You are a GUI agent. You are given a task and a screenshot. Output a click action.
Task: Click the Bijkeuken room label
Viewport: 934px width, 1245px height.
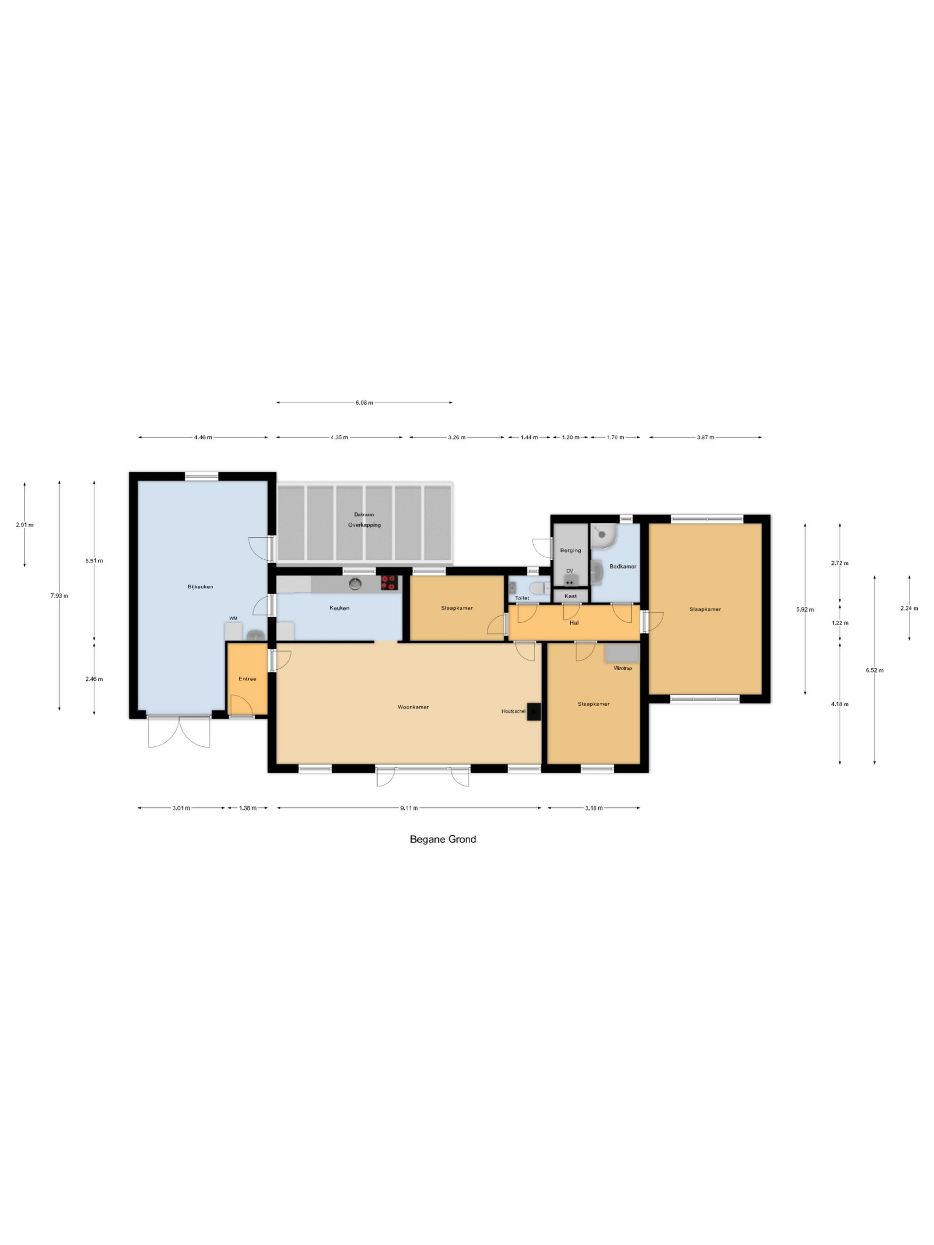pos(200,587)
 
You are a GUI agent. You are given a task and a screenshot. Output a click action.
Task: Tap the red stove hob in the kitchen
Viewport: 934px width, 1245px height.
pos(389,583)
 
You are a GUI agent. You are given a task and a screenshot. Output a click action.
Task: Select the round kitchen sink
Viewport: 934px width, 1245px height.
pos(355,584)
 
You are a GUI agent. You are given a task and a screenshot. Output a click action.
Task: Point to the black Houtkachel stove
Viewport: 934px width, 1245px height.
pos(534,712)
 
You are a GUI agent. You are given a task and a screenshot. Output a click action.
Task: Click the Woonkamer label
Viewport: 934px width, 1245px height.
pos(413,708)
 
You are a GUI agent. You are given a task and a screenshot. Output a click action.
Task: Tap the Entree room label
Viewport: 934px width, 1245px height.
pos(247,679)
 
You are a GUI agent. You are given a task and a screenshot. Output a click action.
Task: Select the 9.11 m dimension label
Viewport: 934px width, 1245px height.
pos(409,808)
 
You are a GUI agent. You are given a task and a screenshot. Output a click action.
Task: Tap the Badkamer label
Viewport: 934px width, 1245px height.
pos(623,567)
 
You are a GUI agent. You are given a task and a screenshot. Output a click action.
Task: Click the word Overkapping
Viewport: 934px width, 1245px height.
pos(364,525)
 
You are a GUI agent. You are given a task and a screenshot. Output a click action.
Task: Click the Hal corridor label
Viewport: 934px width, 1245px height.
pos(574,623)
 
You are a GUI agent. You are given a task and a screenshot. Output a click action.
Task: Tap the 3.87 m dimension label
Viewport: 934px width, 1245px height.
pos(705,437)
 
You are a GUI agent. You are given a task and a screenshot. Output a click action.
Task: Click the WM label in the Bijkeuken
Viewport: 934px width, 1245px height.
pos(233,619)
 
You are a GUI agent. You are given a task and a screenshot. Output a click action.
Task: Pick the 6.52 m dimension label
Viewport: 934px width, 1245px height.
pos(874,670)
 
